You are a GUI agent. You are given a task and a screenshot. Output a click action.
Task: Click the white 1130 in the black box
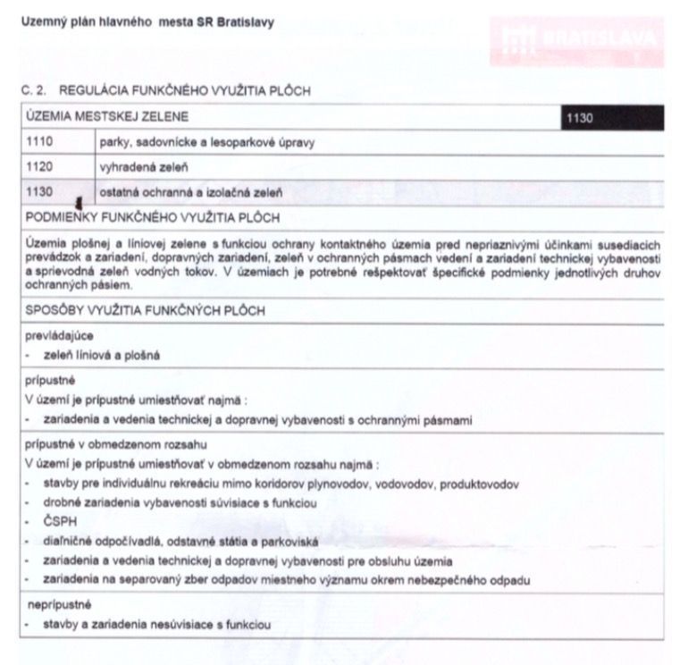tap(581, 117)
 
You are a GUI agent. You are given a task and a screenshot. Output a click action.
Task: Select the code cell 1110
tap(40, 142)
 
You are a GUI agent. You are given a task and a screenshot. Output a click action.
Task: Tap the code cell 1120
tap(40, 166)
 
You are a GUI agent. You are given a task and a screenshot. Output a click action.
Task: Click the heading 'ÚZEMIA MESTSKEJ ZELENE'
tap(107, 117)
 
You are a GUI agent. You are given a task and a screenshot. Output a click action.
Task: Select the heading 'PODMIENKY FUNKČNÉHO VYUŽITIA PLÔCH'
tap(154, 217)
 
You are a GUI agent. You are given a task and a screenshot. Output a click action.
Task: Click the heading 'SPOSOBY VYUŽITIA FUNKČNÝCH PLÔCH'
tap(145, 310)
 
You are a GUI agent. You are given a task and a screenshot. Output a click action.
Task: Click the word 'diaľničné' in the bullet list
tap(68, 542)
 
